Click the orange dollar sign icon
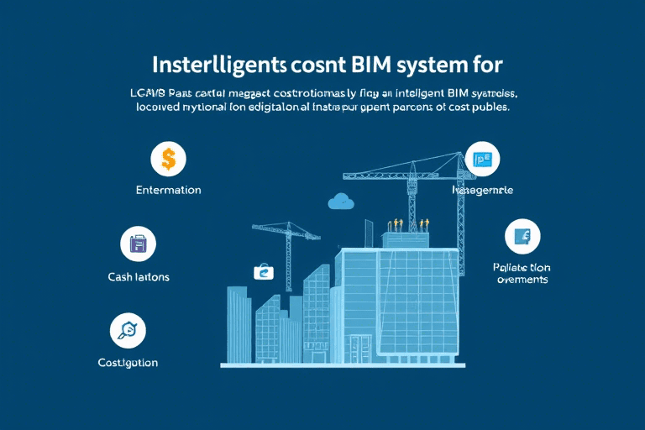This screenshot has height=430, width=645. (x=168, y=157)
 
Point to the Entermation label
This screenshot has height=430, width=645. (x=168, y=190)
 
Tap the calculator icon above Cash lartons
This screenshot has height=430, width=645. (x=139, y=244)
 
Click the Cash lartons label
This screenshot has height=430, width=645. (x=139, y=276)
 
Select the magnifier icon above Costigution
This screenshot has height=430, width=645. (x=128, y=330)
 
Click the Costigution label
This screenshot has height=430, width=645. (x=128, y=363)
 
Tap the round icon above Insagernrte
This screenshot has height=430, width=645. (x=482, y=159)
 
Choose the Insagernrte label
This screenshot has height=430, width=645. (x=482, y=191)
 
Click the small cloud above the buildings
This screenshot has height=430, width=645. (x=342, y=201)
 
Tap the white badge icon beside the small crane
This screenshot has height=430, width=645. (x=264, y=271)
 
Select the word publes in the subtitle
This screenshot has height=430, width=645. (x=489, y=108)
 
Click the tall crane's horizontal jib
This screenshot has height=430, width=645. (x=403, y=176)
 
